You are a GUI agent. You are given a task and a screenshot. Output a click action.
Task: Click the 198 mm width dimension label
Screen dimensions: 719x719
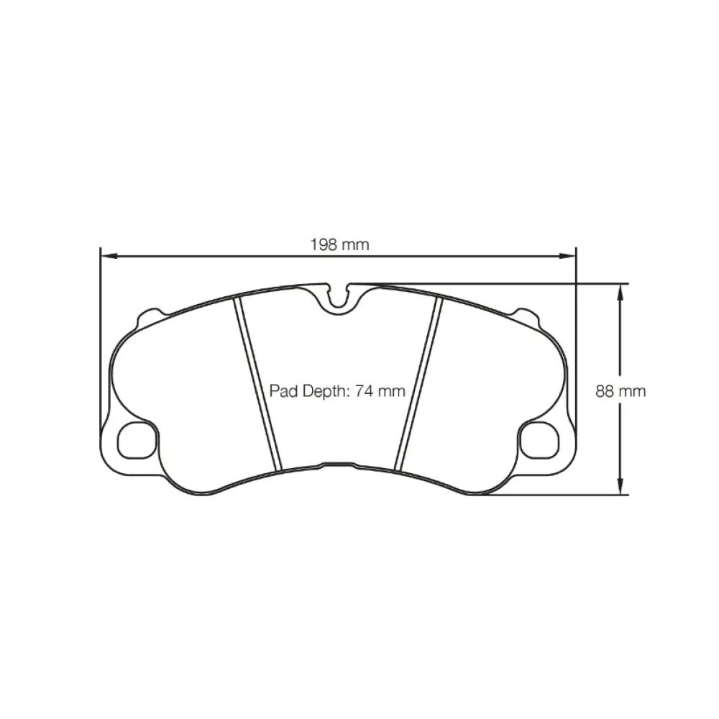click(339, 244)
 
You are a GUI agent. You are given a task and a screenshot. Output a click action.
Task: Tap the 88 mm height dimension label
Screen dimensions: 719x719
click(620, 391)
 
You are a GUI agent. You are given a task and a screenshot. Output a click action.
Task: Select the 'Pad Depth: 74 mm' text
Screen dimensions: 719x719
click(337, 391)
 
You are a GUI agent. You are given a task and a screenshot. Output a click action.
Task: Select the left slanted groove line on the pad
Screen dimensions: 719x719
click(257, 385)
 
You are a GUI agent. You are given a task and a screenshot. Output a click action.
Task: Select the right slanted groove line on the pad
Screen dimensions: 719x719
click(419, 385)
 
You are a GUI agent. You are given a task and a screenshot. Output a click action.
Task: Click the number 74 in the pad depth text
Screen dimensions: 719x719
click(364, 391)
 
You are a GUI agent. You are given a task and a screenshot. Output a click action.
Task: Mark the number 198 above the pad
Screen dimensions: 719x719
click(324, 244)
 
